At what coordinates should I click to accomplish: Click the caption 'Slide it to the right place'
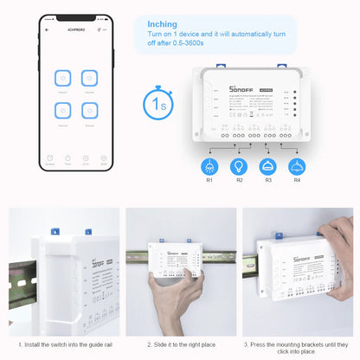(180, 344)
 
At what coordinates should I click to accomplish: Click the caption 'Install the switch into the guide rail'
(62, 344)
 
